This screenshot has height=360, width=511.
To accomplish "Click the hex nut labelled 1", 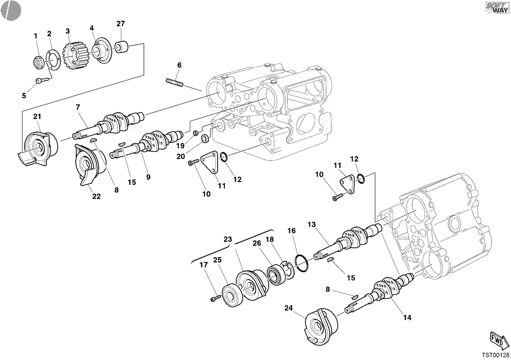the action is click(x=38, y=62).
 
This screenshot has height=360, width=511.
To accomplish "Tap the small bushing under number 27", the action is click(x=121, y=47).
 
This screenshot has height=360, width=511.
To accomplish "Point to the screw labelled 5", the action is click(x=43, y=80).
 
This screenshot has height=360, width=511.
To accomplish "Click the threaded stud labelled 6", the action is click(x=175, y=82).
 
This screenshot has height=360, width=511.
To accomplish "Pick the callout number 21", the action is click(x=37, y=117).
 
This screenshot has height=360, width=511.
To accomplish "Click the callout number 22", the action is click(x=96, y=197).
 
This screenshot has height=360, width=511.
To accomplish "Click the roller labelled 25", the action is click(x=232, y=295).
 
